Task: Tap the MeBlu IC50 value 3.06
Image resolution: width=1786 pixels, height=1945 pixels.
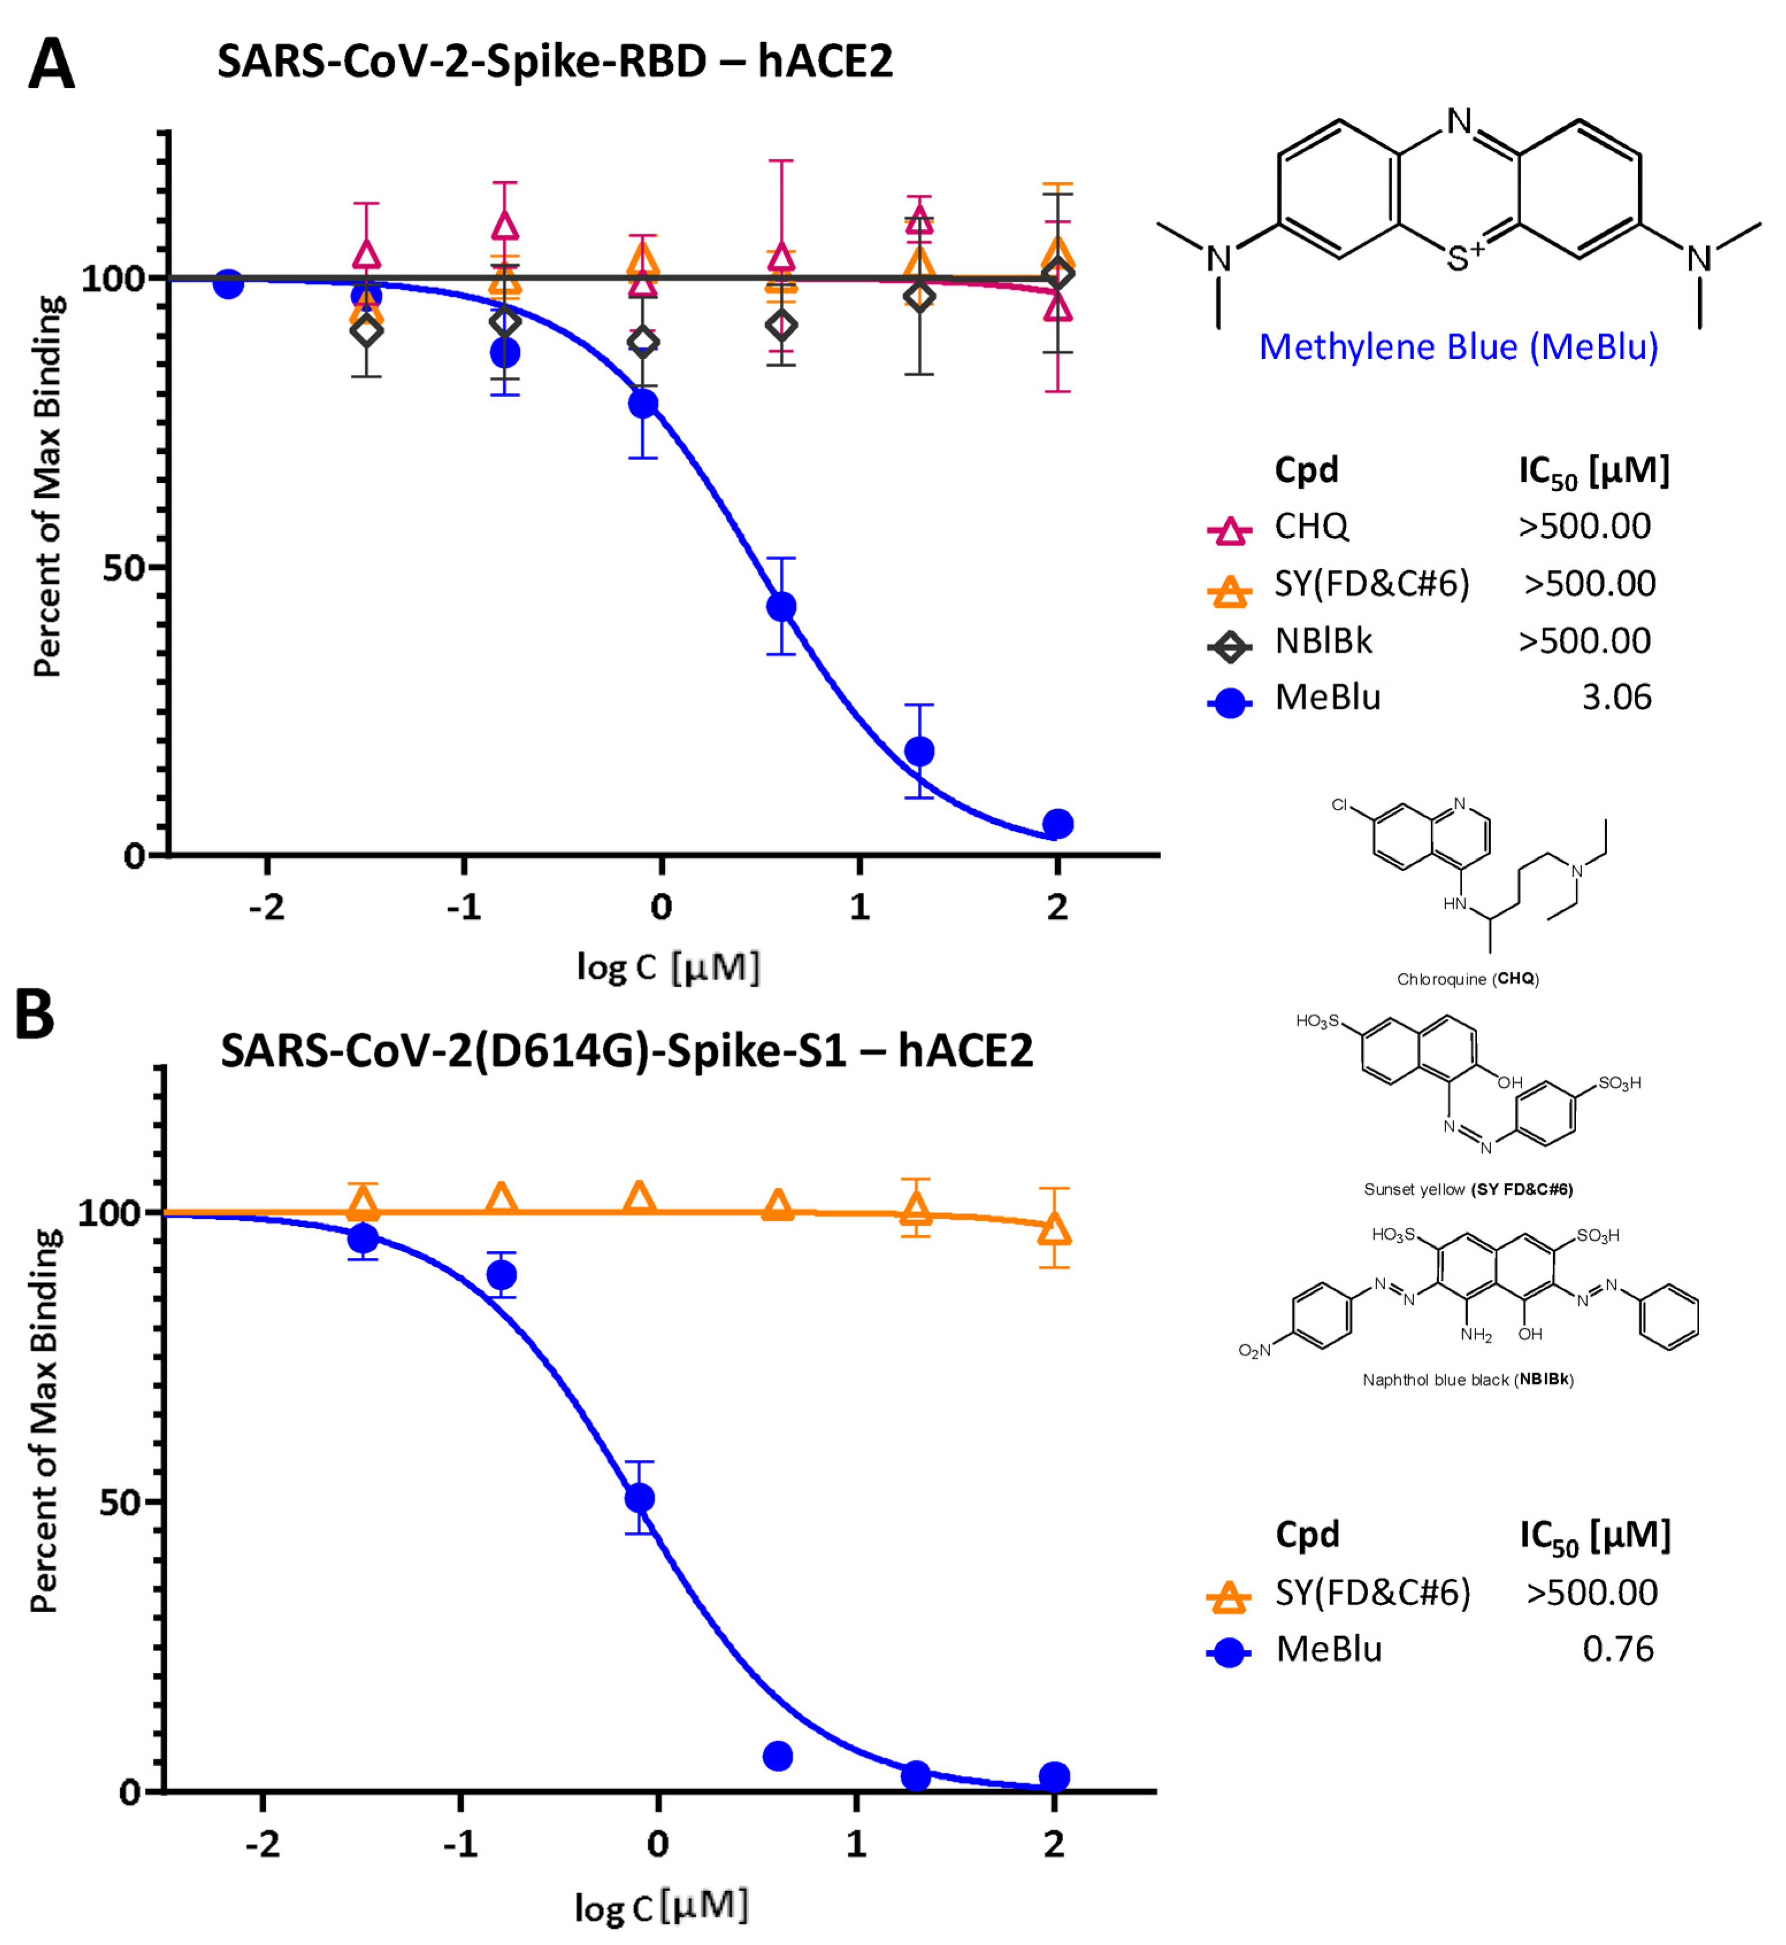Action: [1616, 697]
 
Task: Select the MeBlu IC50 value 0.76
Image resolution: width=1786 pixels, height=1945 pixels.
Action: [1618, 1648]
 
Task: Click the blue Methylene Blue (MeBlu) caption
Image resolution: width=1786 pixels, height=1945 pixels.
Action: [1458, 346]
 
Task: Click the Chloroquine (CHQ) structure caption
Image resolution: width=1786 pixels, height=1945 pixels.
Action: [1467, 979]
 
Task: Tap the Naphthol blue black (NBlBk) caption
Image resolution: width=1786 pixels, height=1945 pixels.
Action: [1467, 1380]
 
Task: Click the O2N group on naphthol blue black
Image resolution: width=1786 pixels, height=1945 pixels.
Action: [1255, 1350]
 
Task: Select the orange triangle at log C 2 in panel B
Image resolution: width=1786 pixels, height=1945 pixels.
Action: [1055, 1230]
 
